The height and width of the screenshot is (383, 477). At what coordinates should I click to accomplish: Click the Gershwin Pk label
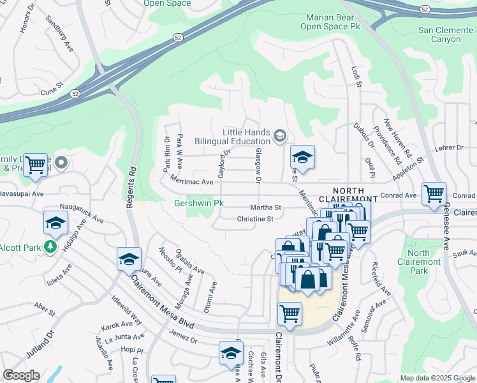(x=200, y=204)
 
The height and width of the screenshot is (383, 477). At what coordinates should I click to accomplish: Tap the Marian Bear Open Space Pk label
(x=334, y=22)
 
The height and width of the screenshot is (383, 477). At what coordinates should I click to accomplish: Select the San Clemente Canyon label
(x=448, y=34)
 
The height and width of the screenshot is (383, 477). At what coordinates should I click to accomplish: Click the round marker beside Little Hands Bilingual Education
(x=279, y=136)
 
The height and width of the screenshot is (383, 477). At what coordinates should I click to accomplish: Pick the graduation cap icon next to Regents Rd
(x=129, y=259)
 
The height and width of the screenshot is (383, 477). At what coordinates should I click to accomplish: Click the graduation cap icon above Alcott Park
(x=55, y=223)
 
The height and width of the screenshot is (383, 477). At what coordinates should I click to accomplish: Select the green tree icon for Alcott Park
(x=50, y=246)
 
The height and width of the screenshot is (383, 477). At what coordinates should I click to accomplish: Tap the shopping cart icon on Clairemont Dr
(x=290, y=313)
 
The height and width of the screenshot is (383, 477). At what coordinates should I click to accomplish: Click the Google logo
(x=21, y=375)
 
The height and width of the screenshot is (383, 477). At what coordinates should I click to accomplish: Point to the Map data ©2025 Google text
(x=437, y=378)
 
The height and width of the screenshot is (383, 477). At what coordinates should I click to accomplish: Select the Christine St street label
(x=255, y=219)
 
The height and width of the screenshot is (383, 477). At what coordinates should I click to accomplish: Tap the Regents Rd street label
(x=132, y=180)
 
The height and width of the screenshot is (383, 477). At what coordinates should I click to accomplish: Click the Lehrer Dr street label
(x=450, y=147)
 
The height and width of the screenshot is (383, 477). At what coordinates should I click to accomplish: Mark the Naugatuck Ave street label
(x=82, y=213)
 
